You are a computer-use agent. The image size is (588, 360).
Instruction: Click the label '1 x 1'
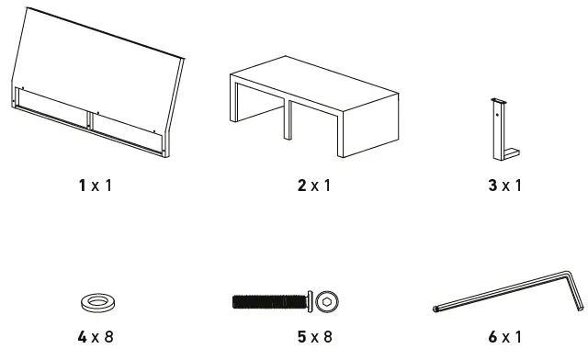[95, 186]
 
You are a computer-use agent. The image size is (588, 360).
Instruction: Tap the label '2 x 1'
[313, 186]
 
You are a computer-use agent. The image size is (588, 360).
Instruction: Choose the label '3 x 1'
[504, 186]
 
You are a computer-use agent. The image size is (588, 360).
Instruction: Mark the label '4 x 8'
[95, 336]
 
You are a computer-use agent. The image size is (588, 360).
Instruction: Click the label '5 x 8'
[313, 336]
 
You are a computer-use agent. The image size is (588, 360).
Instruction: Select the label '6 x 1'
[504, 336]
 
